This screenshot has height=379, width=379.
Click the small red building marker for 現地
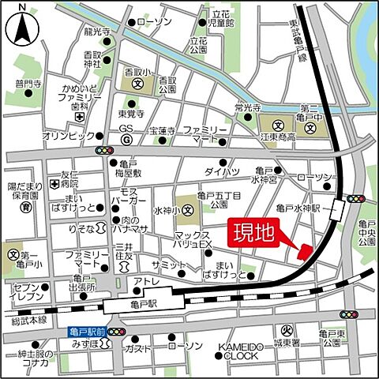(x=304, y=251)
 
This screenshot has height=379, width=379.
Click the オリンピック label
(x=66, y=135)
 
